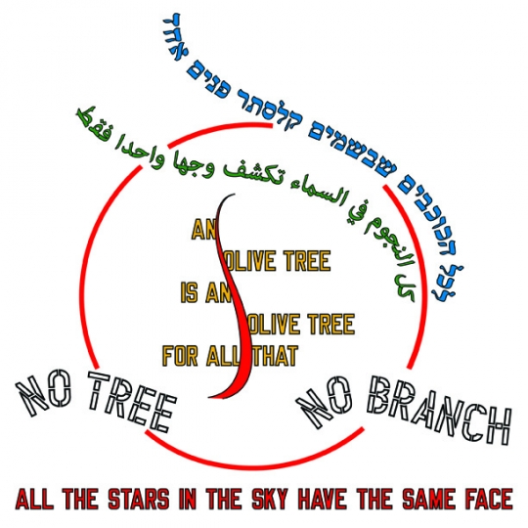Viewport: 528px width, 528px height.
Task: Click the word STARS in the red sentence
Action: (x=139, y=499)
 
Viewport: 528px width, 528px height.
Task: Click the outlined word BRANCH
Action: (x=438, y=414)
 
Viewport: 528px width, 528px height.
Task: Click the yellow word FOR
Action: (x=180, y=355)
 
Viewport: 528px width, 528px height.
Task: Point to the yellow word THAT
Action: (x=275, y=356)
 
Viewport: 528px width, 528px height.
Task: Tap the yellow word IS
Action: (x=189, y=292)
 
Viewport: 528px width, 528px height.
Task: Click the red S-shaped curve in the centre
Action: (x=236, y=296)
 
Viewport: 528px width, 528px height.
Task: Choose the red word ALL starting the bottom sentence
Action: (x=34, y=499)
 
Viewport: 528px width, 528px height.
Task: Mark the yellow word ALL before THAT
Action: (x=223, y=355)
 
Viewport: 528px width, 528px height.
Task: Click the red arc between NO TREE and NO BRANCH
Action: (x=254, y=466)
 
